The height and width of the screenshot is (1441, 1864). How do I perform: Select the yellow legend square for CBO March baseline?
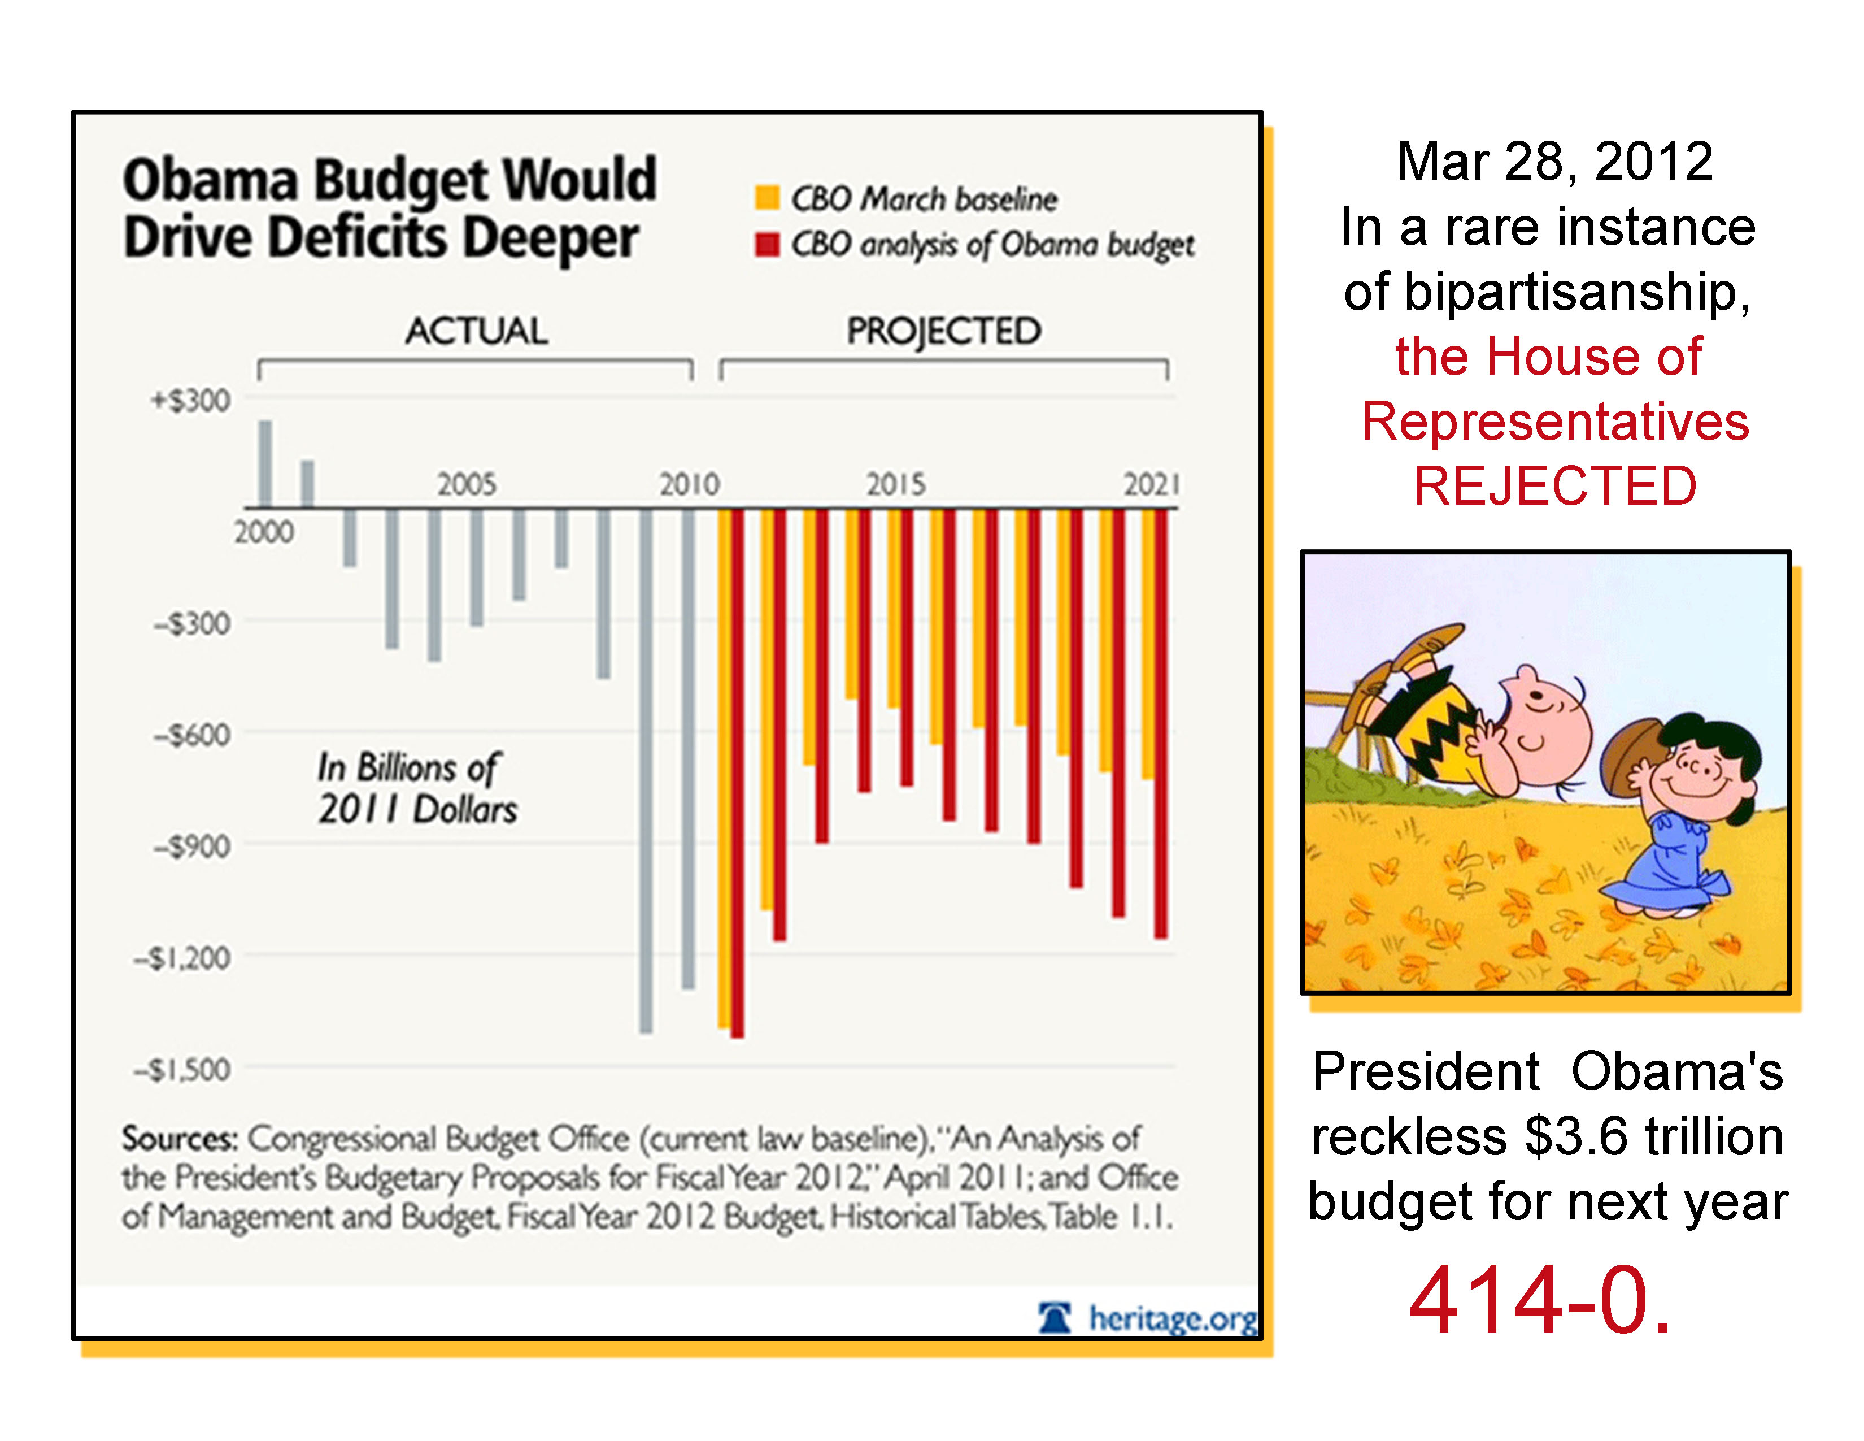[766, 197]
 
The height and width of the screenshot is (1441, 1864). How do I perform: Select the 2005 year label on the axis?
[466, 485]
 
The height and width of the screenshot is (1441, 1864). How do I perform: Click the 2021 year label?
[1151, 485]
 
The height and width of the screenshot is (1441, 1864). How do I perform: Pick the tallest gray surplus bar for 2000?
[265, 463]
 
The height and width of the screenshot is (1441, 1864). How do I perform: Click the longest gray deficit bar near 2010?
[646, 769]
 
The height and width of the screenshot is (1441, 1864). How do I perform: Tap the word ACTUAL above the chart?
[476, 331]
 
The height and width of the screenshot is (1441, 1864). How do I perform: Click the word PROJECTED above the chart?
[943, 331]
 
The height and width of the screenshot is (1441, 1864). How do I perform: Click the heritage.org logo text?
[1171, 1319]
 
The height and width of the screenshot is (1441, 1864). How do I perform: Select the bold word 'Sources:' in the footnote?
[179, 1138]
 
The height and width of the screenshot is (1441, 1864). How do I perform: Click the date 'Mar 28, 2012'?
[1554, 162]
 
